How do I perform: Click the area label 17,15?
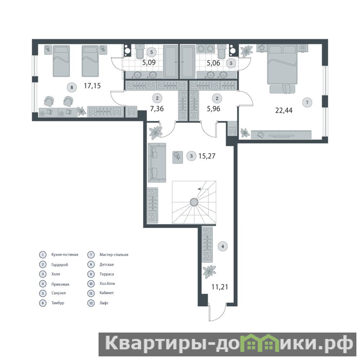(x=92, y=86)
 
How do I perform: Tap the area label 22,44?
(x=284, y=110)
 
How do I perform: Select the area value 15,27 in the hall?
(x=207, y=156)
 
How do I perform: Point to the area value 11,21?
(x=220, y=287)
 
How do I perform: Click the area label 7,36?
(x=157, y=108)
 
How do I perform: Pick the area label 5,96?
(x=213, y=108)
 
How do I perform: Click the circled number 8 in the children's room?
(x=72, y=87)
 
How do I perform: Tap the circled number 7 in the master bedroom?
(x=307, y=103)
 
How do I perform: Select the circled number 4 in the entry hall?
(x=222, y=246)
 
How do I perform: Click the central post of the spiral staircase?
(x=194, y=202)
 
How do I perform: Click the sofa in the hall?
(x=157, y=163)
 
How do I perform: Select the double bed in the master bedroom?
(x=283, y=64)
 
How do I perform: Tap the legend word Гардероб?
(x=60, y=265)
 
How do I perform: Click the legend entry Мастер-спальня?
(x=114, y=255)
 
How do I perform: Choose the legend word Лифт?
(x=104, y=303)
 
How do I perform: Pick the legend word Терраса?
(x=107, y=274)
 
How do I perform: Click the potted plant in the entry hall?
(x=209, y=272)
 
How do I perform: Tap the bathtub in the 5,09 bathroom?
(x=171, y=62)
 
